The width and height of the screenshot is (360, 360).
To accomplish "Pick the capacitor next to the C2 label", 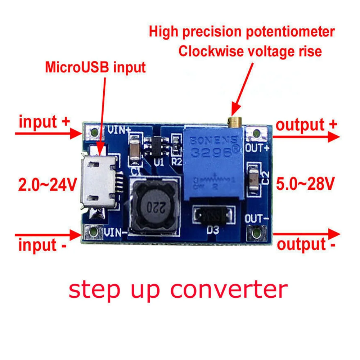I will click(253, 179).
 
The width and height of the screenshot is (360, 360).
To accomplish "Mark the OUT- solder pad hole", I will click(256, 234).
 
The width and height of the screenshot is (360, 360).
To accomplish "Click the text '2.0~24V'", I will click(47, 185).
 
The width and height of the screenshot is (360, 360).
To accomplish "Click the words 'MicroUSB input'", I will click(95, 67).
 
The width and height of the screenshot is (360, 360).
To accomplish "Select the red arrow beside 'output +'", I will click(306, 137).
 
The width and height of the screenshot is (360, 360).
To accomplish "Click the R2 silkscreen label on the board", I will click(176, 162).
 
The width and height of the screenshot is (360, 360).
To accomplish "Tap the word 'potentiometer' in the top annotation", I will click(290, 32).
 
